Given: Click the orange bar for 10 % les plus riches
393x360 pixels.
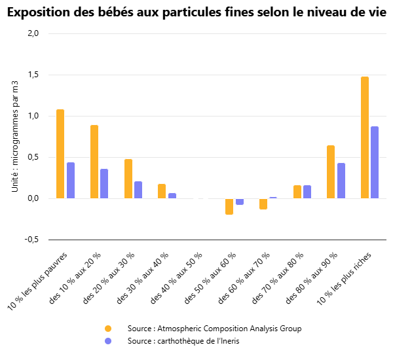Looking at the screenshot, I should (x=365, y=137).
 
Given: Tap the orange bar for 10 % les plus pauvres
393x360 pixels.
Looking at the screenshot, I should (x=60, y=154).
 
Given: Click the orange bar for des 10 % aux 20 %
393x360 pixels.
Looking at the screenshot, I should (x=94, y=162).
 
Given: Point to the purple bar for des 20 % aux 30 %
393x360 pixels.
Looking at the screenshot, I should (x=138, y=190).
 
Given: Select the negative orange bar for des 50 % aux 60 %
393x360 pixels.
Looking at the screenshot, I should (x=229, y=206).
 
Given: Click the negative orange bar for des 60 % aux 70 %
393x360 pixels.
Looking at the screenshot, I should (x=263, y=204).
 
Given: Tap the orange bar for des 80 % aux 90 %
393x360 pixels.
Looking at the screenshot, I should (x=331, y=172).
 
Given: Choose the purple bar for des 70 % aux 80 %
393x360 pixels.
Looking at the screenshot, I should (x=307, y=192).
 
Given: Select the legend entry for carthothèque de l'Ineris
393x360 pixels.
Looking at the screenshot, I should (x=184, y=342).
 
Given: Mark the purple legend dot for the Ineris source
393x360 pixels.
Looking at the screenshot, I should (x=108, y=342).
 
